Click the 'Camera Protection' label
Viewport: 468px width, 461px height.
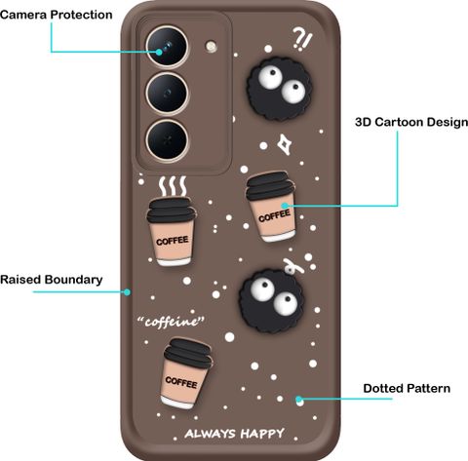click(57, 15)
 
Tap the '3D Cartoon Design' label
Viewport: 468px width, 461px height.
click(411, 122)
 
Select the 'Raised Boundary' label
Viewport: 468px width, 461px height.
click(52, 280)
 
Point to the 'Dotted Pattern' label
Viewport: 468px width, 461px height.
click(407, 388)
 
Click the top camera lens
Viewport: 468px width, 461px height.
click(167, 47)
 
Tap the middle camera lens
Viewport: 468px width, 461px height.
click(167, 94)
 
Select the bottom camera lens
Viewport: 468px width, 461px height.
click(167, 140)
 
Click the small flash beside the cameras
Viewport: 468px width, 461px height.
click(212, 46)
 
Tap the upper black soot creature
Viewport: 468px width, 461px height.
click(279, 88)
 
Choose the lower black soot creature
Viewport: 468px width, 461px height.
click(272, 300)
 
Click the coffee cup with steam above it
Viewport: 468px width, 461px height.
click(172, 231)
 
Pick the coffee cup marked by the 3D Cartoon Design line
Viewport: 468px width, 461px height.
click(271, 207)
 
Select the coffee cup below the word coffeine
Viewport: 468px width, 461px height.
click(186, 373)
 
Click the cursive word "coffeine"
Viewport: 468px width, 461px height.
click(171, 322)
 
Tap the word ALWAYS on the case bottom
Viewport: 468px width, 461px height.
click(210, 434)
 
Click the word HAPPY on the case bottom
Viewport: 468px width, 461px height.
click(262, 434)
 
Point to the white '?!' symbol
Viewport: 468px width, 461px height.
click(302, 39)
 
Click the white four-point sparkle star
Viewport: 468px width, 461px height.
click(284, 144)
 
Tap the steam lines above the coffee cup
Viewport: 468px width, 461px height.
click(173, 186)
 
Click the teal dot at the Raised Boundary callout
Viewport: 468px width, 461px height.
click(128, 292)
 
